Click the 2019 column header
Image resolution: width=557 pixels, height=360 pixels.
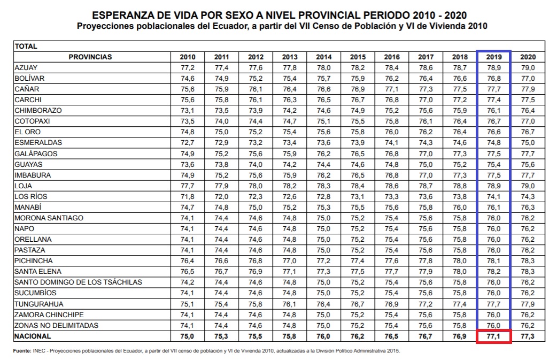[494, 57]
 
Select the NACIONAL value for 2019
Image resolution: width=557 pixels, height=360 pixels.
[494, 336]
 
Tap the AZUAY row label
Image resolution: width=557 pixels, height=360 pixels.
[27, 67]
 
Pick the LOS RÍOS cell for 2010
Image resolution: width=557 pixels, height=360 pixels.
[188, 197]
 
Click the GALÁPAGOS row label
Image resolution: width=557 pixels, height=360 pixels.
[36, 154]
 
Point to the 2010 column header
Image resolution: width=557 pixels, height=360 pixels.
[188, 57]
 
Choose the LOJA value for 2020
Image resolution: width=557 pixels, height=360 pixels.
[528, 186]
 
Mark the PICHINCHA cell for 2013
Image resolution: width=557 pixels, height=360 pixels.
[290, 261]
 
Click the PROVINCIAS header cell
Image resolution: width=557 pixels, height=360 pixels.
[90, 57]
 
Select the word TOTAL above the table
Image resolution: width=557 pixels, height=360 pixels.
[26, 46]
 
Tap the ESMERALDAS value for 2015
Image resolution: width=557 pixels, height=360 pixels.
[358, 143]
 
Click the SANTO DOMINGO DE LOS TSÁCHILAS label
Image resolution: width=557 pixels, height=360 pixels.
[78, 282]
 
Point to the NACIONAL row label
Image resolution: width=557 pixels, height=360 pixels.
[33, 336]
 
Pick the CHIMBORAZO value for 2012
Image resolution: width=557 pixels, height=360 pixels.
[256, 111]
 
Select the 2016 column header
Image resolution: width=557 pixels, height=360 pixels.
[392, 57]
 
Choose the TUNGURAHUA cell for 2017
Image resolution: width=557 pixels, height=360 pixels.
[426, 304]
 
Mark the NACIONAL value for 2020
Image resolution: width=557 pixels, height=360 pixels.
[528, 336]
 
